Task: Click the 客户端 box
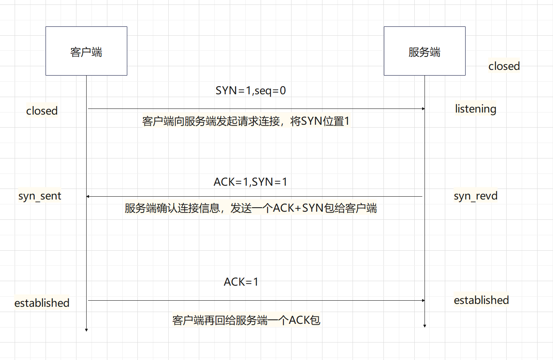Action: click(x=86, y=51)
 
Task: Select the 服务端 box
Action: click(x=425, y=51)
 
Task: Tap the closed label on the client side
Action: click(x=42, y=111)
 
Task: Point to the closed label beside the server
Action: click(x=504, y=66)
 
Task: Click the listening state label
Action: click(x=475, y=109)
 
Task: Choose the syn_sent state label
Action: click(x=40, y=196)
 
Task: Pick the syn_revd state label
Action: click(x=475, y=196)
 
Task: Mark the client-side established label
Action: click(x=42, y=303)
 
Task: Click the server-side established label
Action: click(x=481, y=300)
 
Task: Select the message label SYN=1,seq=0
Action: click(x=250, y=91)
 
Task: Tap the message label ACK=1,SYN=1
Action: click(x=250, y=182)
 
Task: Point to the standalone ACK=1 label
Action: click(x=241, y=282)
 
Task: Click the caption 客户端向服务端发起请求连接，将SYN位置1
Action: click(x=246, y=121)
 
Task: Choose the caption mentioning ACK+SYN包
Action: click(x=251, y=208)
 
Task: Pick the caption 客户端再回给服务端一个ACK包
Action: click(x=246, y=320)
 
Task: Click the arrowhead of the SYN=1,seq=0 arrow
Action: click(x=423, y=109)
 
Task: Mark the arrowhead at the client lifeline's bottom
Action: click(x=86, y=330)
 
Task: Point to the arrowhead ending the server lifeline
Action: click(x=425, y=325)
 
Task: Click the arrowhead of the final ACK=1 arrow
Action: click(x=423, y=300)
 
